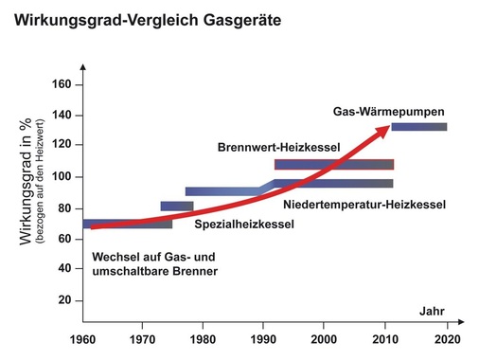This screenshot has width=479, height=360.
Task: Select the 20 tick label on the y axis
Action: pos(64,300)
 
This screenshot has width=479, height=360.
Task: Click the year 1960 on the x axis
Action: pos(82,337)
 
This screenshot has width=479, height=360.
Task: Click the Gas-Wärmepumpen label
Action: pos(388,110)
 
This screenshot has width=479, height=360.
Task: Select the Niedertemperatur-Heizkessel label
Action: pos(351,202)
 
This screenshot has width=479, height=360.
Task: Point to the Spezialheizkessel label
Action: pos(244,225)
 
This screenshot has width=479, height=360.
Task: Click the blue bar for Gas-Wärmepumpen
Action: pos(418,126)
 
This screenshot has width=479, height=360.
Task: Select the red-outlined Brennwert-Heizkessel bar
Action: pos(333,165)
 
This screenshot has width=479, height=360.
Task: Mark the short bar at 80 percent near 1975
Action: pos(176,206)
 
